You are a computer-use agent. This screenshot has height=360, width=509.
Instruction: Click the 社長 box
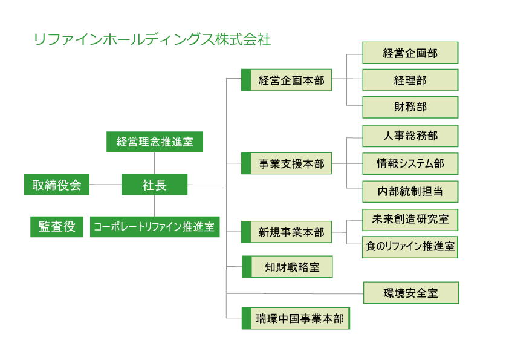pos(155,185)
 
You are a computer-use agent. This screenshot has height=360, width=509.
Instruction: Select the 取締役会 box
pos(57,185)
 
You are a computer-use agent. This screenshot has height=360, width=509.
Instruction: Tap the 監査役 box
pos(57,227)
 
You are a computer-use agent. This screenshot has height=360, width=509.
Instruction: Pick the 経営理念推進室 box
pos(155,142)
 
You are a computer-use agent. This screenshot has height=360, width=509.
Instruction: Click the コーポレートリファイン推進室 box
pos(155,227)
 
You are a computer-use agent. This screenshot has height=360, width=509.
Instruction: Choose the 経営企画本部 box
pos(287,80)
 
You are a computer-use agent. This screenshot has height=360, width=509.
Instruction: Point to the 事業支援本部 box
pos(287,163)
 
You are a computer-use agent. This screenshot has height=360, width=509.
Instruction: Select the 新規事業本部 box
pos(287,232)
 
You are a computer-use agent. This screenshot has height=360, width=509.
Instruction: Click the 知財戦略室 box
pos(287,267)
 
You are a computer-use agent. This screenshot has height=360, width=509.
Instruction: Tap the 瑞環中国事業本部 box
pos(296,318)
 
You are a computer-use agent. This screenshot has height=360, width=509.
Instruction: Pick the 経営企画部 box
pos(410,53)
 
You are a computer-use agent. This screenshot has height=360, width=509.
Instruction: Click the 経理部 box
pos(410,80)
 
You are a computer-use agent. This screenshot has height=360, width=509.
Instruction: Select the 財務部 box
pos(410,107)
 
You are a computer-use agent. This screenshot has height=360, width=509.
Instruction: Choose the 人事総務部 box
pos(410,136)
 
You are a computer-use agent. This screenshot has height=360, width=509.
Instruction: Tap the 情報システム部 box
pos(410,164)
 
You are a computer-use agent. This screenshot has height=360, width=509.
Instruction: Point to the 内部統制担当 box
pos(410,192)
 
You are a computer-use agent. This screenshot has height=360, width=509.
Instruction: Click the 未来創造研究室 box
pos(410,220)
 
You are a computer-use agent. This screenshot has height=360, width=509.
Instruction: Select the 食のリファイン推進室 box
pos(410,247)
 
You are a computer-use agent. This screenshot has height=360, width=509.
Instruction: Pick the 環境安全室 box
pos(411,293)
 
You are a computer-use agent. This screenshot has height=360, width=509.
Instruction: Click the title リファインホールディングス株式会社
pos(152,39)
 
